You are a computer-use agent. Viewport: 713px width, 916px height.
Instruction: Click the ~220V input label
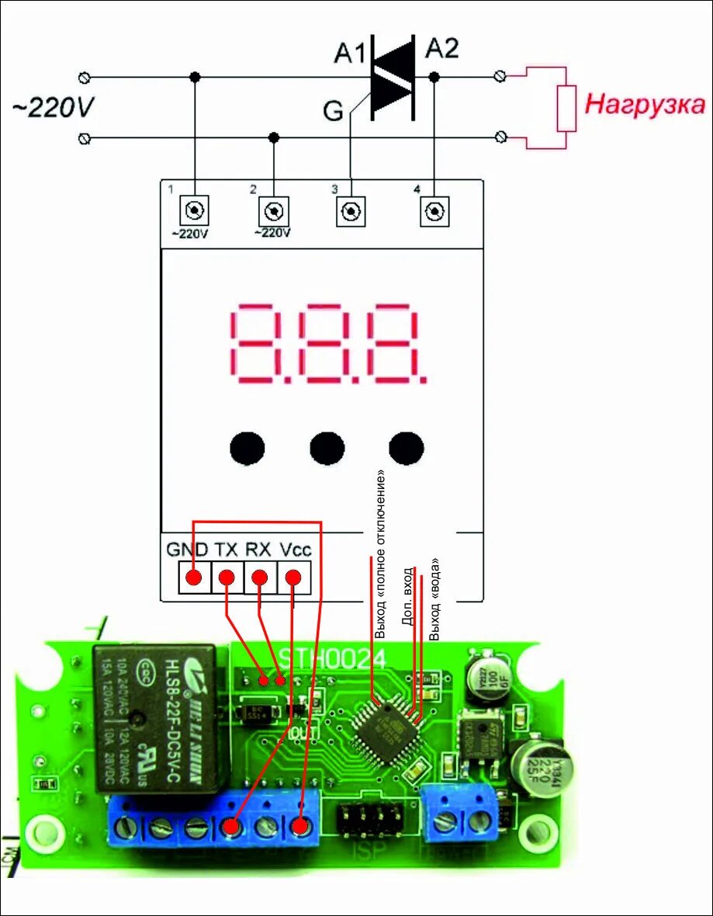(x=53, y=108)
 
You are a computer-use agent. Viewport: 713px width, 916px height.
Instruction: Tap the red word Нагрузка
(x=644, y=104)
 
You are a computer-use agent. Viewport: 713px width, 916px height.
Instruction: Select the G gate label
(x=333, y=112)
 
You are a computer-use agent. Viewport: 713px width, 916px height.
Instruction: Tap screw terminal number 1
(x=194, y=210)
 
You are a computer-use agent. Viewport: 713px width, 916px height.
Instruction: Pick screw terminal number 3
(x=351, y=210)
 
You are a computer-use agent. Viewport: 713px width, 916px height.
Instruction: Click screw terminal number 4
(x=434, y=210)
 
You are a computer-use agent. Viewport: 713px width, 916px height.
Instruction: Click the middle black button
(x=327, y=448)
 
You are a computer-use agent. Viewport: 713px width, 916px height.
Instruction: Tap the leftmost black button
(x=247, y=448)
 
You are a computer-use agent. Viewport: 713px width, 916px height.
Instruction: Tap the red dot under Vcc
(x=293, y=578)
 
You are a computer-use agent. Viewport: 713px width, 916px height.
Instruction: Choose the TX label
(x=226, y=550)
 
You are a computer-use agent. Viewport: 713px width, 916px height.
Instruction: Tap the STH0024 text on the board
(x=334, y=659)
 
